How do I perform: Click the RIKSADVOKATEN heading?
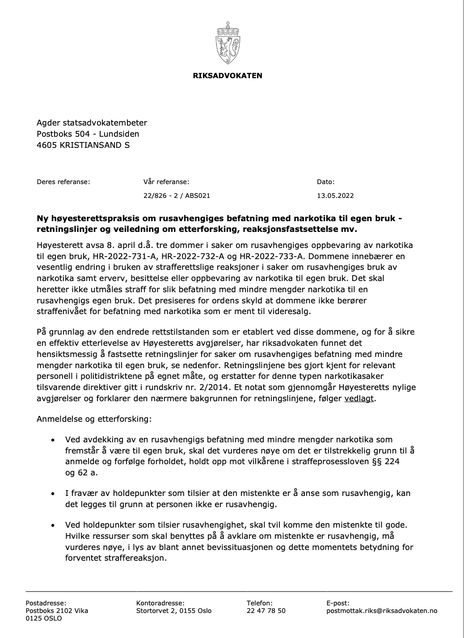228,76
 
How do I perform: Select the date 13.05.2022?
335,195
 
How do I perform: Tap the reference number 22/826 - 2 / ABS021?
177,195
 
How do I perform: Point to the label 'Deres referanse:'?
63,182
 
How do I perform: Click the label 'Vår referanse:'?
166,182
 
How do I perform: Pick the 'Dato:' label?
325,182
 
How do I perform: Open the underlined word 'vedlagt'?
359,398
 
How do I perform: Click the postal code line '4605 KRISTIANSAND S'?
83,145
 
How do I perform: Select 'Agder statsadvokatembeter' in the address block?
92,123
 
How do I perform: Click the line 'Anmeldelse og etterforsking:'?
94,420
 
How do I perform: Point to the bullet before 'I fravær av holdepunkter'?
53,494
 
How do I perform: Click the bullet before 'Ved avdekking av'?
53,440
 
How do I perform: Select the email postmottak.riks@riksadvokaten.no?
382,611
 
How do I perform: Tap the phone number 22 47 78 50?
266,611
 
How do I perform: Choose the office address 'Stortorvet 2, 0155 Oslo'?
174,611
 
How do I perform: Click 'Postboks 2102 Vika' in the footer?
57,611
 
